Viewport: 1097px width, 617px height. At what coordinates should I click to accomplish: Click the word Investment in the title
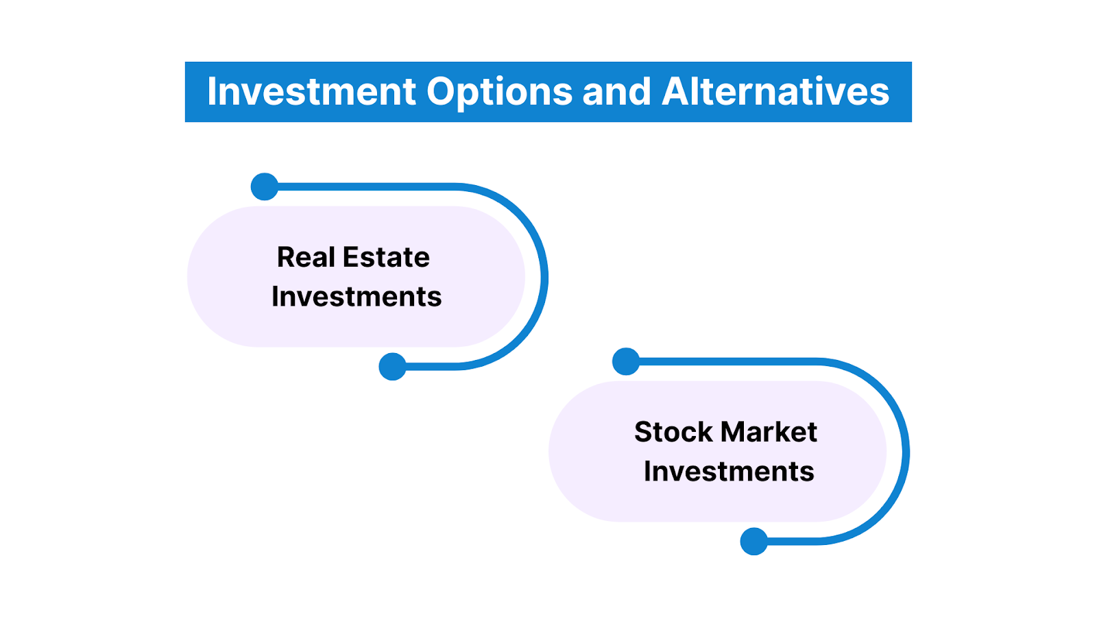[311, 92]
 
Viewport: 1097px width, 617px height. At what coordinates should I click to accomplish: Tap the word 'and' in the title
[616, 92]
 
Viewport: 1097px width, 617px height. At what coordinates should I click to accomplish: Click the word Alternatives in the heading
[775, 92]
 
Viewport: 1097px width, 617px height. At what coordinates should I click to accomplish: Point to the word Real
[306, 258]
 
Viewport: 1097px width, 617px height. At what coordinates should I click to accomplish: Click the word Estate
[386, 258]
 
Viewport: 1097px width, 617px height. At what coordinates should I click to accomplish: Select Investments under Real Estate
[357, 297]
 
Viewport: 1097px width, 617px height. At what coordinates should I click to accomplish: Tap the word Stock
[673, 433]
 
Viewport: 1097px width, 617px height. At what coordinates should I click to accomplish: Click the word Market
[769, 433]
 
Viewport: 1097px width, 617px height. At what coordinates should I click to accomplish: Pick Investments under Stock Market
[729, 472]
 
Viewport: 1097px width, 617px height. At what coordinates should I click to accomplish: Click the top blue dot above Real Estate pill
[265, 186]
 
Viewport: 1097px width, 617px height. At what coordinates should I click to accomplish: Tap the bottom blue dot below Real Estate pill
[393, 367]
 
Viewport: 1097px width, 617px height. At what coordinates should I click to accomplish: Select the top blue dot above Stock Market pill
[626, 361]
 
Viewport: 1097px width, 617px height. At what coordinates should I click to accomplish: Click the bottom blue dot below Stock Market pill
[754, 542]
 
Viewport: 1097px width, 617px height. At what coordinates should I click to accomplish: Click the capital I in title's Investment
[211, 92]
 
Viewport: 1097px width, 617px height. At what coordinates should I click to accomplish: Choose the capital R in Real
[286, 258]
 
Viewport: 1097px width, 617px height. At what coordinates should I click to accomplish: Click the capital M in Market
[736, 433]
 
